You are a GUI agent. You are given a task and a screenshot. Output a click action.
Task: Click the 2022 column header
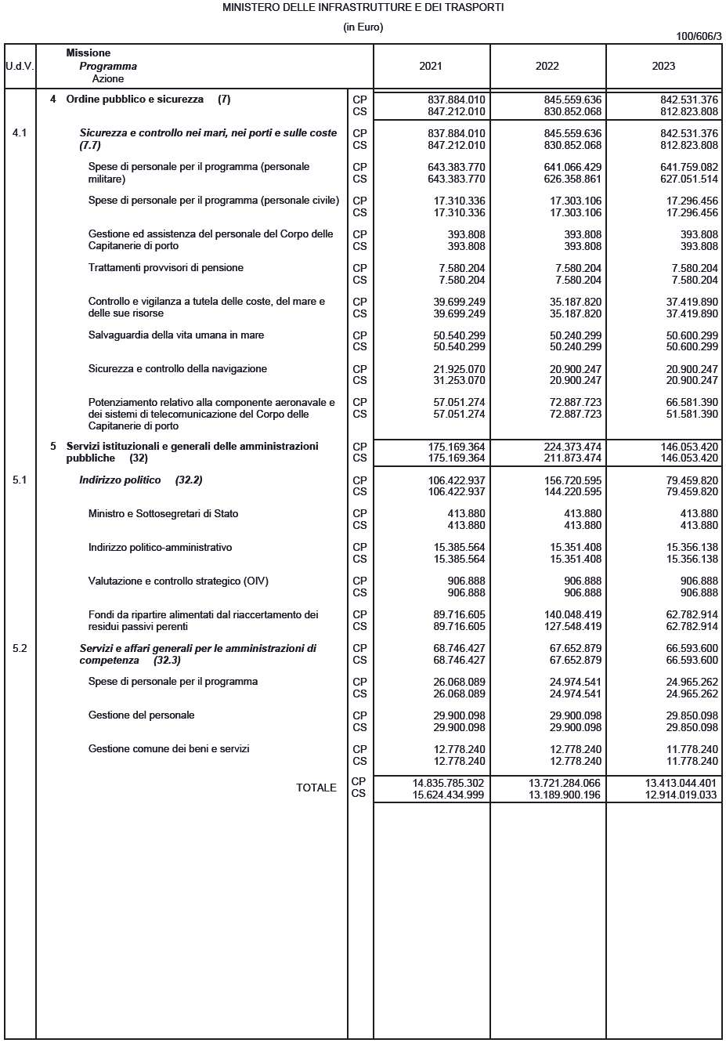547,67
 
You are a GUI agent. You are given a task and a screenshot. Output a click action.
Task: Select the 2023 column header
663,67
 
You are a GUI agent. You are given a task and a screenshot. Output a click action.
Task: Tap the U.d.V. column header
20,67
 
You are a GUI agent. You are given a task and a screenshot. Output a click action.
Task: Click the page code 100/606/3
699,36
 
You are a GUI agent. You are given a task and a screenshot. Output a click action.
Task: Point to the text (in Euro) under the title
363,27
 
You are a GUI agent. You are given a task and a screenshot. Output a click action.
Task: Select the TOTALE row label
316,788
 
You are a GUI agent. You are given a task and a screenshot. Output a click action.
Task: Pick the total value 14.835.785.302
448,783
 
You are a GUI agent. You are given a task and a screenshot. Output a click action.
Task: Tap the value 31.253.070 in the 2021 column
459,381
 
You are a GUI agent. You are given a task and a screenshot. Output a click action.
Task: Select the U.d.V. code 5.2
20,649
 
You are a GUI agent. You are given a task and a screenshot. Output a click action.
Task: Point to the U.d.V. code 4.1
20,133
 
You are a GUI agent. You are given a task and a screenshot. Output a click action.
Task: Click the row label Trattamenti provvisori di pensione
165,268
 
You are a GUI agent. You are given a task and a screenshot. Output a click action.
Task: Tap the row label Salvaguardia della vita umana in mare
175,335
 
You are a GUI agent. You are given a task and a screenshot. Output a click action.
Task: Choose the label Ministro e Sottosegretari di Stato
163,514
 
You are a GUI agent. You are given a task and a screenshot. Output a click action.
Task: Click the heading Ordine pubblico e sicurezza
135,100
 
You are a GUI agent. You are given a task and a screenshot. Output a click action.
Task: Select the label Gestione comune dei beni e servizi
168,749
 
